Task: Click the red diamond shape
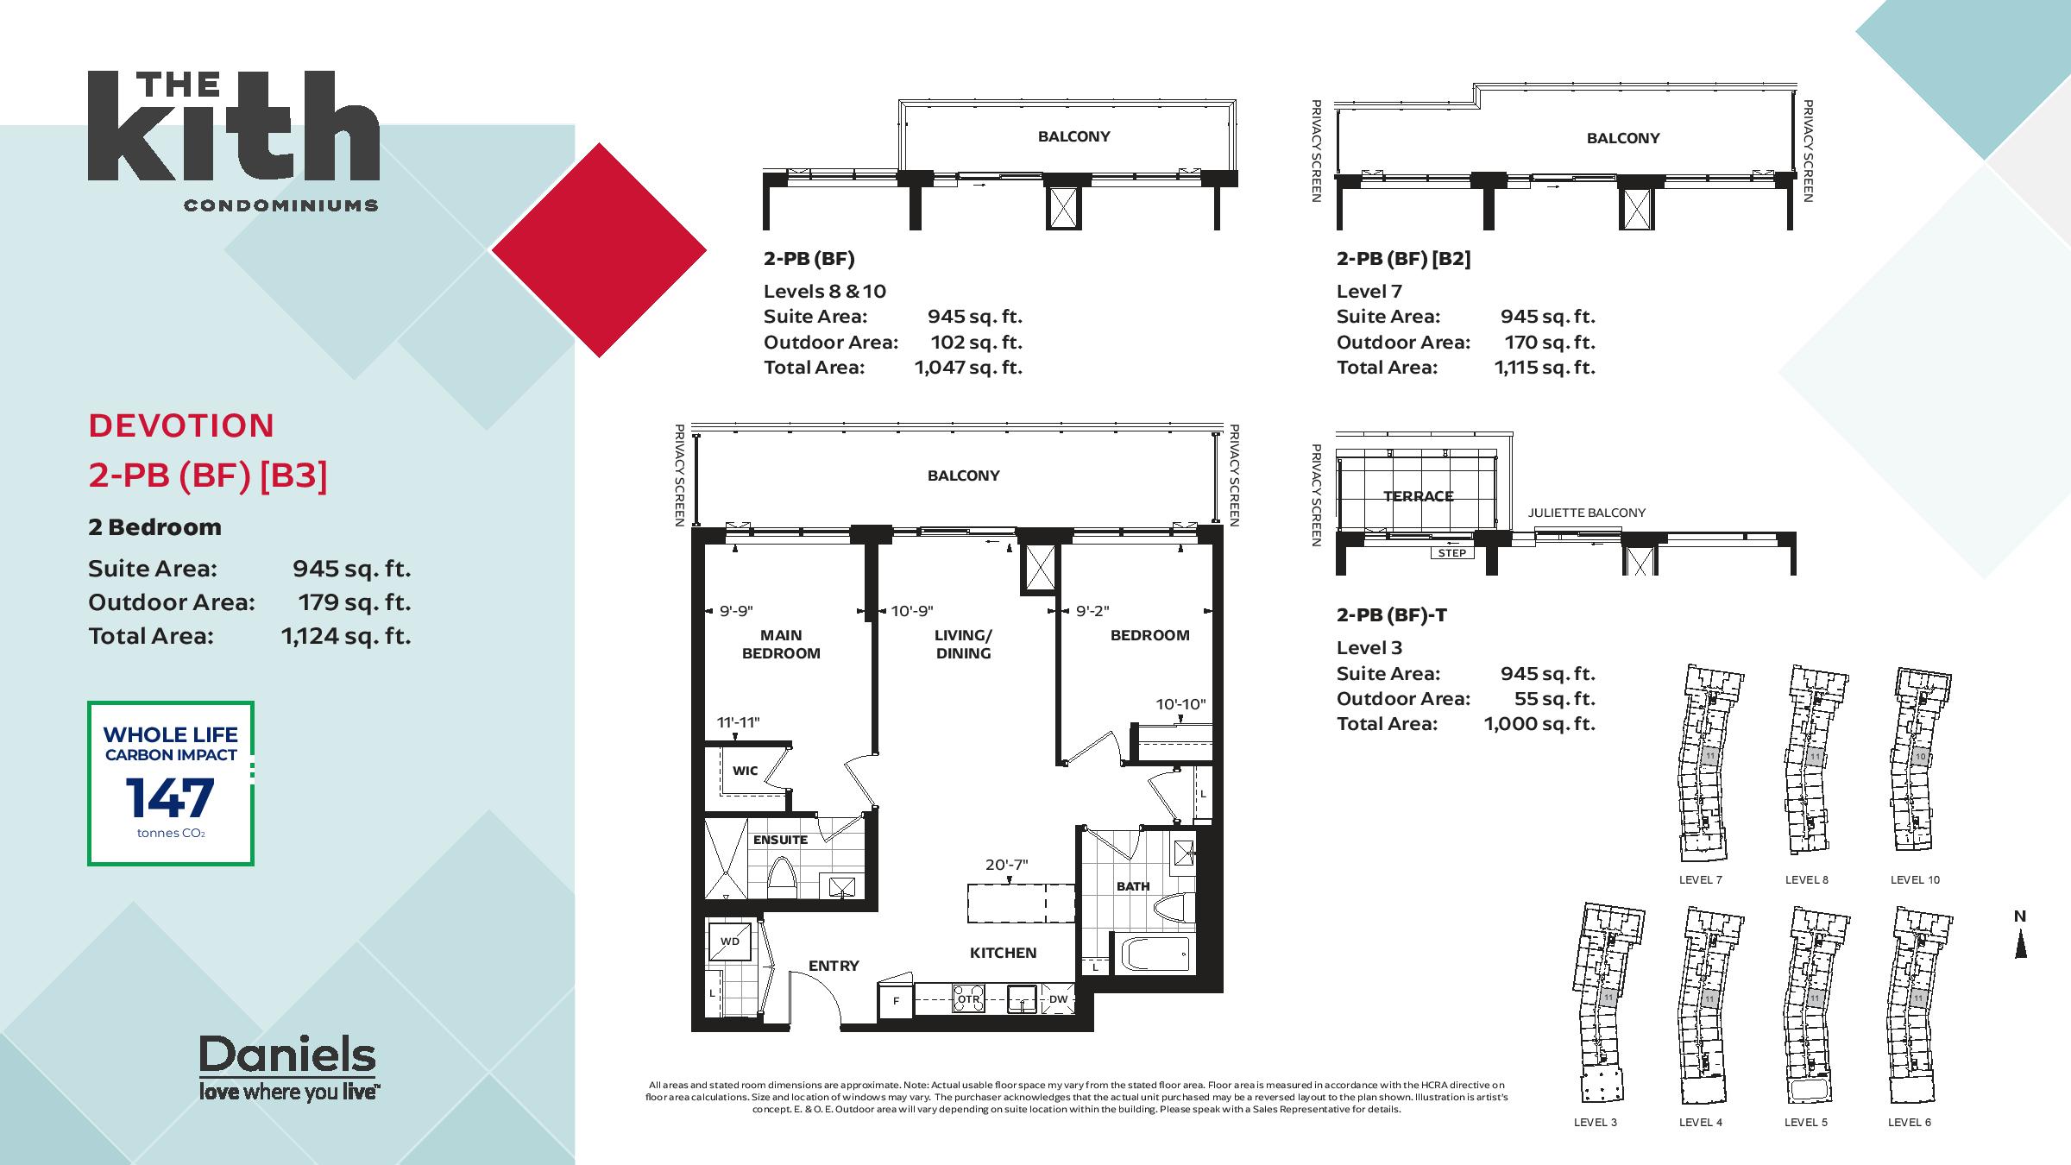(x=599, y=250)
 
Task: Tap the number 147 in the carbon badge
(x=170, y=797)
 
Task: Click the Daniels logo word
(x=287, y=1055)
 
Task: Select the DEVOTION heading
(x=181, y=425)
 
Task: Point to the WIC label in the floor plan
(x=745, y=771)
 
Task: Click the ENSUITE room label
(x=780, y=840)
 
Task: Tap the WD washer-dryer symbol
(x=730, y=941)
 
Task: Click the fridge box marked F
(x=896, y=1001)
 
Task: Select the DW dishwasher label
(x=1058, y=999)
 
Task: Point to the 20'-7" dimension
(x=1007, y=865)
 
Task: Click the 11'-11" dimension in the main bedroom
(x=738, y=722)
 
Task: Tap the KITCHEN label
(x=1003, y=953)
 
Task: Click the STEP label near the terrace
(x=1452, y=553)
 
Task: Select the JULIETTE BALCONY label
(x=1587, y=513)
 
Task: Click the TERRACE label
(x=1419, y=496)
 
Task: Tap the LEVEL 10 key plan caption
(x=1915, y=880)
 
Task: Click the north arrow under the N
(x=2020, y=946)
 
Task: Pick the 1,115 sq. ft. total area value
(x=1545, y=368)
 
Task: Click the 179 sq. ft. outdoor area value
(x=355, y=602)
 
